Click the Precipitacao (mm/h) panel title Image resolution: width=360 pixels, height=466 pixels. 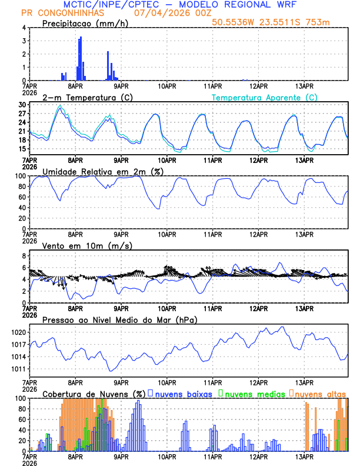(x=85, y=23)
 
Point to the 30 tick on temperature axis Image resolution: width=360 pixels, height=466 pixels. (x=22, y=105)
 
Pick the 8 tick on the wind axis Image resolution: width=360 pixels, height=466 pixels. (x=24, y=256)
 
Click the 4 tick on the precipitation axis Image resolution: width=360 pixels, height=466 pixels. (x=24, y=28)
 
